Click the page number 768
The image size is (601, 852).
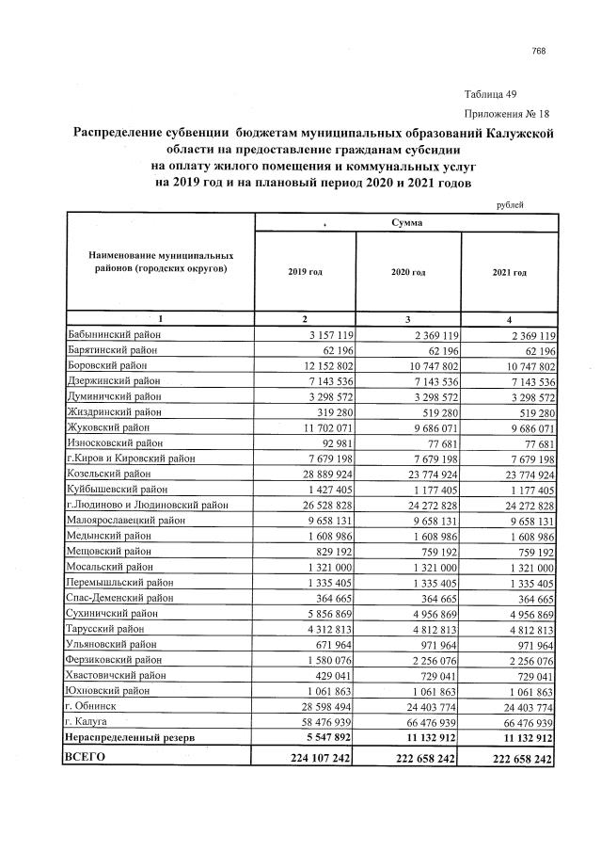click(538, 51)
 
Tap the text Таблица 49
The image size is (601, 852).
click(490, 94)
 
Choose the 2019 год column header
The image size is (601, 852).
click(305, 272)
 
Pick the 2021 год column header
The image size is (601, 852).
click(509, 272)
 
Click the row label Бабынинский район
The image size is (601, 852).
click(114, 334)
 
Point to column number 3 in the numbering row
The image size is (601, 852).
click(407, 319)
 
